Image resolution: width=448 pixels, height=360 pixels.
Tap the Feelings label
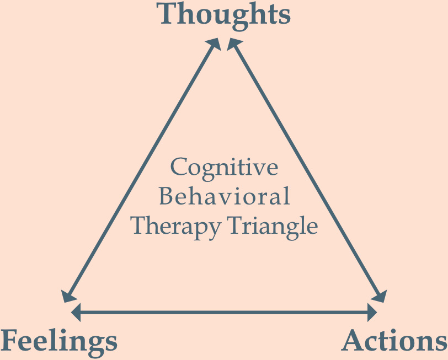pyautogui.click(x=59, y=341)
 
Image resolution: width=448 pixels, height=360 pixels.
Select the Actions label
pyautogui.click(x=394, y=341)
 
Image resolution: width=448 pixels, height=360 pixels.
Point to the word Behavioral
pyautogui.click(x=224, y=197)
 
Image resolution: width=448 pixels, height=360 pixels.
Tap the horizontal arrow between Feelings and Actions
pyautogui.click(x=224, y=313)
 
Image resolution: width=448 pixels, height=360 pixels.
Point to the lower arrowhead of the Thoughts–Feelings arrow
pyautogui.click(x=67, y=295)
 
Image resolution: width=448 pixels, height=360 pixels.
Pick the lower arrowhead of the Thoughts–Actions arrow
pyautogui.click(x=380, y=295)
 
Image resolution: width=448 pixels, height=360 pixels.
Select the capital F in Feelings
pyautogui.click(x=11, y=341)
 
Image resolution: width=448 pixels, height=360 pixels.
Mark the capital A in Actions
pyautogui.click(x=353, y=341)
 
